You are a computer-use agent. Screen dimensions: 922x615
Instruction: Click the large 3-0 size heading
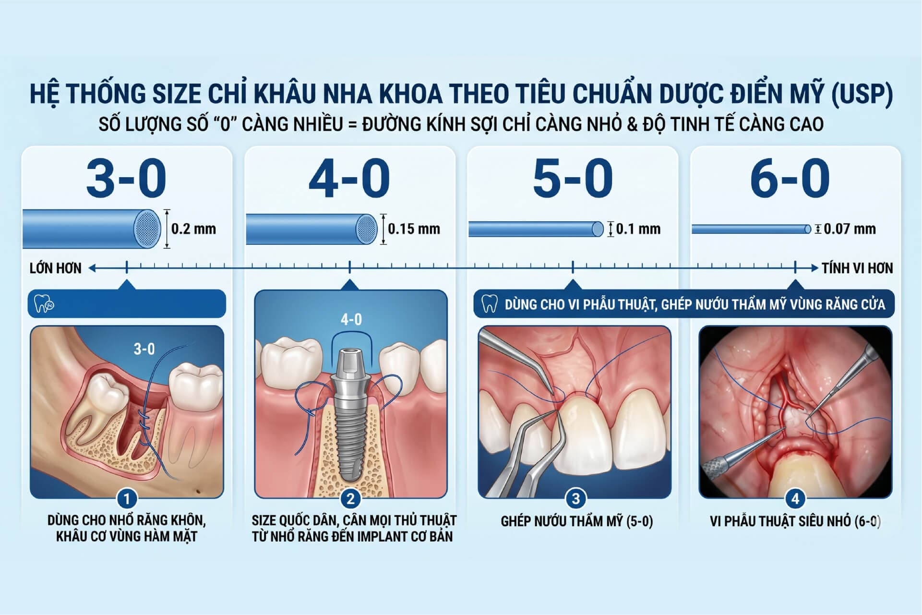[x=126, y=179]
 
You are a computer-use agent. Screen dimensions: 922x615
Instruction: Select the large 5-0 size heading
[x=573, y=179]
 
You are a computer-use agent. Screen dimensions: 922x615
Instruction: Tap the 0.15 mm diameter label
[x=414, y=229]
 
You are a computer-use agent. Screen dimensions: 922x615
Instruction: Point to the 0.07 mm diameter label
[x=850, y=229]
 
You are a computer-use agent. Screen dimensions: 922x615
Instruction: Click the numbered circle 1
[x=127, y=499]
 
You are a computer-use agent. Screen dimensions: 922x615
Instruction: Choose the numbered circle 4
[x=795, y=499]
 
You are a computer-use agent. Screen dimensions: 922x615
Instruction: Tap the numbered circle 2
[x=350, y=499]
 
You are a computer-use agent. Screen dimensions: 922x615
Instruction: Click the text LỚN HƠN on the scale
[x=56, y=268]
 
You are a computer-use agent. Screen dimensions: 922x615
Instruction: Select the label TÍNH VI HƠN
[x=857, y=268]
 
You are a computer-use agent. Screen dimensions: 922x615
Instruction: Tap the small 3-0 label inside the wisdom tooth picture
[x=144, y=349]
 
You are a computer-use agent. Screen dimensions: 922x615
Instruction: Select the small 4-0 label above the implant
[x=351, y=319]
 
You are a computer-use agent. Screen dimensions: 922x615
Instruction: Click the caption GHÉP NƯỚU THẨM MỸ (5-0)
[x=577, y=521]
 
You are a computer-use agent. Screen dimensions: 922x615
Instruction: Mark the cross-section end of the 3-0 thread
[x=146, y=229]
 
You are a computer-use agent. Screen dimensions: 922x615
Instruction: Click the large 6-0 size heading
[x=790, y=179]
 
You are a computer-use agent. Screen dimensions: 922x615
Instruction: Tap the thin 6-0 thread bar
[x=751, y=229]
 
